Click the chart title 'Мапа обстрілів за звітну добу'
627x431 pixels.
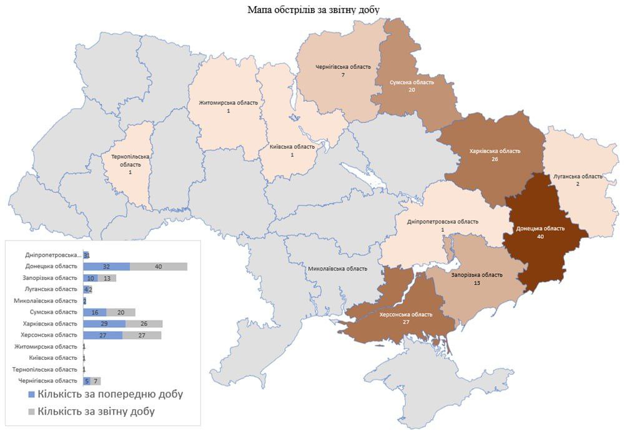pos(313,9)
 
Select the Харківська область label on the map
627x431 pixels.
pos(494,151)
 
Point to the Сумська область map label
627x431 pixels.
pos(412,82)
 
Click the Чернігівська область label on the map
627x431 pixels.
pos(343,67)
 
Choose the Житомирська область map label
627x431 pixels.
pos(228,103)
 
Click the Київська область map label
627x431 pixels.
pos(292,147)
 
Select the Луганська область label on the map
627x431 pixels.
pos(578,177)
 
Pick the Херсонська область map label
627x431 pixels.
pos(405,315)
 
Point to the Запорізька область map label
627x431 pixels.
pos(476,275)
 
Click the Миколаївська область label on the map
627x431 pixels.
pos(337,269)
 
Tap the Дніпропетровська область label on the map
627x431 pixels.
pos(442,222)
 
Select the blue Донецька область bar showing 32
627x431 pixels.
pos(106,267)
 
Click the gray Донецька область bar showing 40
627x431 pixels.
pos(159,267)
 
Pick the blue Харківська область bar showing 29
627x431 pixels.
pos(104,324)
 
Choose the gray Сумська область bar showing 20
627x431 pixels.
pos(121,312)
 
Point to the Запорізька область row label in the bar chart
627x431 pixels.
pos(55,278)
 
